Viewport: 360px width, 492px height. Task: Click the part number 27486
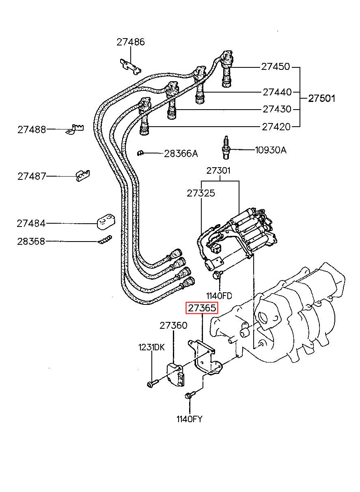point(130,42)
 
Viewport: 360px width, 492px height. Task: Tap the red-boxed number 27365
point(202,309)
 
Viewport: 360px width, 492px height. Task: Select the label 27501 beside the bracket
point(321,98)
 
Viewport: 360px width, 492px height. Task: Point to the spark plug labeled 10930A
point(225,148)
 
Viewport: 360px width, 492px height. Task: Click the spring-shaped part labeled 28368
point(105,240)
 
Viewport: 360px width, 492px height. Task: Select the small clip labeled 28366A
point(140,153)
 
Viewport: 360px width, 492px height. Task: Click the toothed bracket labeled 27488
point(75,129)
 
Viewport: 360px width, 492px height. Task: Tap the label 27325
point(201,193)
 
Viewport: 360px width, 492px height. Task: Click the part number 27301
point(218,170)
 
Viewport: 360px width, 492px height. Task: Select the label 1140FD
point(219,296)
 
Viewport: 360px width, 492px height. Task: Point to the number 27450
point(276,67)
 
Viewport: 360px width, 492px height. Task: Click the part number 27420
point(276,127)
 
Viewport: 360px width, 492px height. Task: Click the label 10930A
point(271,150)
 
